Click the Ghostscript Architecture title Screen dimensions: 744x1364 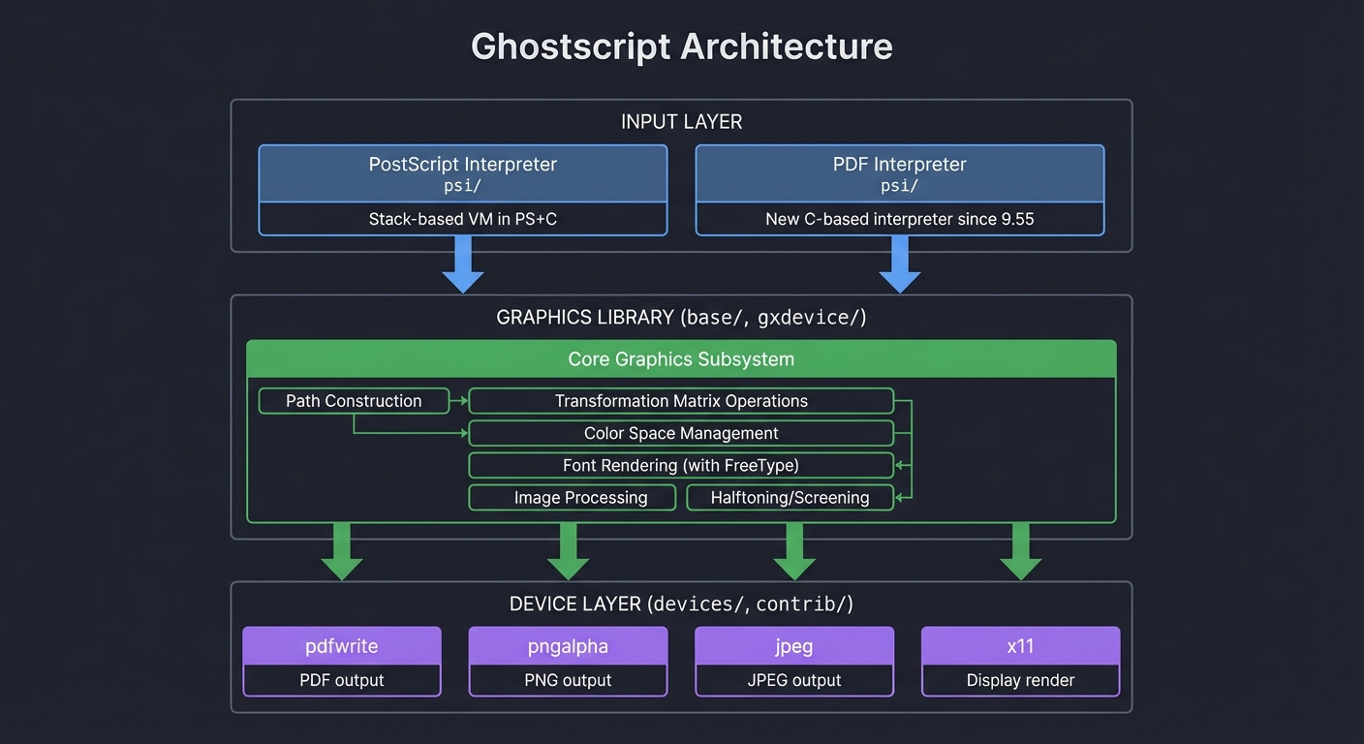click(681, 46)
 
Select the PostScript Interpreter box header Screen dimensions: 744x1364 click(463, 173)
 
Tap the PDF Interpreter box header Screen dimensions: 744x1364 click(899, 173)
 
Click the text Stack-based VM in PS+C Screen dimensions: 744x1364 click(463, 219)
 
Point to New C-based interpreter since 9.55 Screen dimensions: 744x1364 click(899, 219)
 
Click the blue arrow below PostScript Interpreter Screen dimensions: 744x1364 click(463, 263)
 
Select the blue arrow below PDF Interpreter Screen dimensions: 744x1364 click(899, 263)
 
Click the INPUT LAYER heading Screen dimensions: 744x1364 click(681, 122)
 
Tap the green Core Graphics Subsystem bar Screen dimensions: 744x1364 click(681, 358)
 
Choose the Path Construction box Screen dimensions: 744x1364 click(354, 401)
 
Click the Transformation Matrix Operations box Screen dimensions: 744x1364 click(681, 401)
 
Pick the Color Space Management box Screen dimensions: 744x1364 click(681, 433)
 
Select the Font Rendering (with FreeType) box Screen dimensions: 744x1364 click(681, 465)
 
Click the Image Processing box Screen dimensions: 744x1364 click(572, 498)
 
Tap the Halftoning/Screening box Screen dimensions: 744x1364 click(790, 498)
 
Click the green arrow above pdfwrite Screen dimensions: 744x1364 click(342, 550)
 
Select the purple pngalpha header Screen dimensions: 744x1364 click(568, 646)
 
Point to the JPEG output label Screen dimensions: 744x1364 click(794, 680)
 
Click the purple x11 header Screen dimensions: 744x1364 click(1020, 646)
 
